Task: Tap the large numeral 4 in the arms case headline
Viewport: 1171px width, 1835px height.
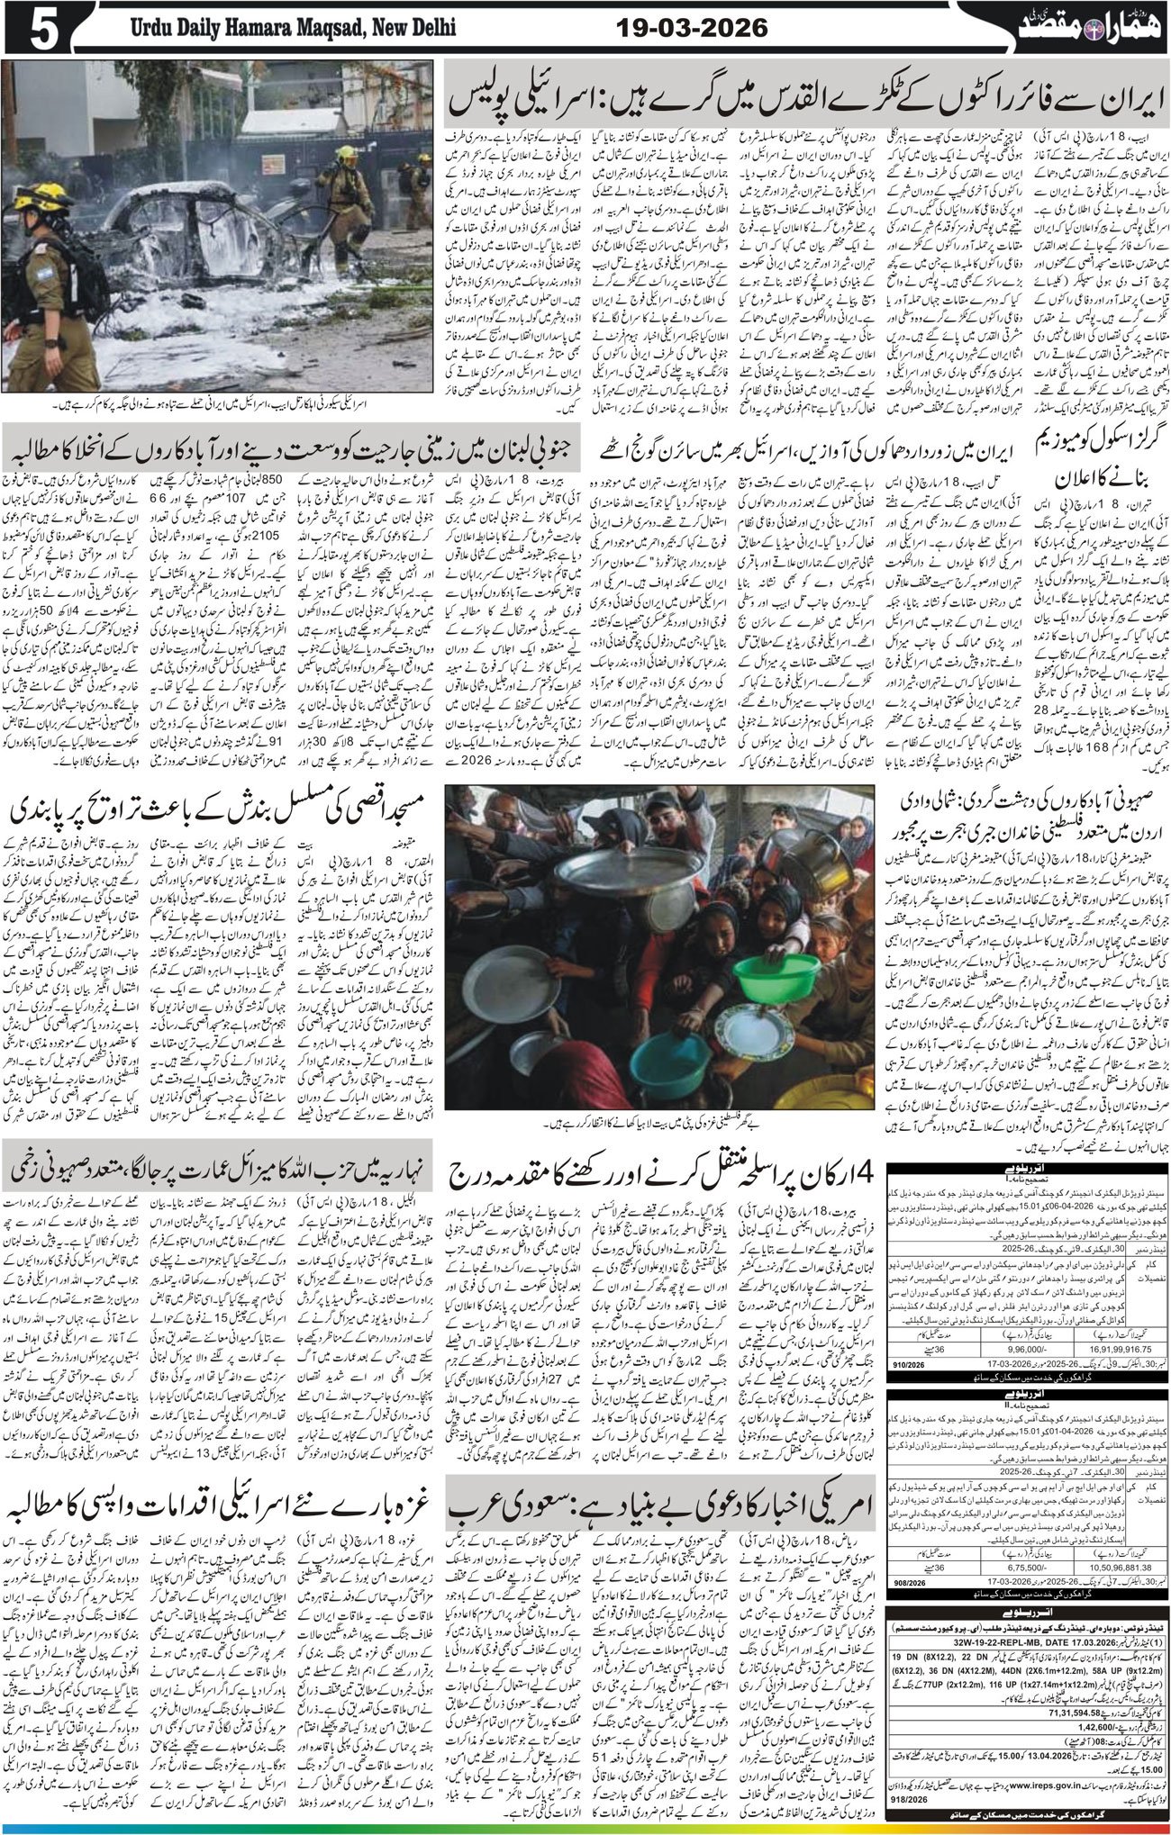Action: pos(861,1171)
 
